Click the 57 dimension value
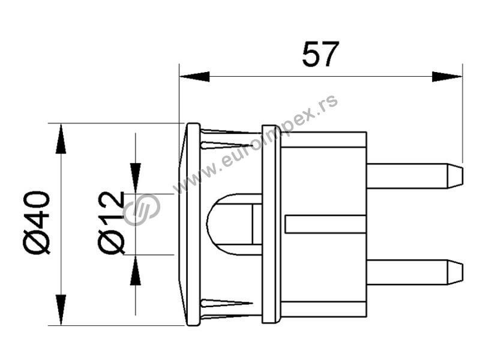[320, 54]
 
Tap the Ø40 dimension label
[37, 223]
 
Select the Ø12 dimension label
[112, 223]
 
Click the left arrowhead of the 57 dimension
[194, 77]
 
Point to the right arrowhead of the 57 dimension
[447, 77]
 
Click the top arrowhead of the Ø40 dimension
[61, 139]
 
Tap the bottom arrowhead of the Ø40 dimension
[61, 310]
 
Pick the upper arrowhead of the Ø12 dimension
[136, 178]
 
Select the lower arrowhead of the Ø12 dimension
[136, 271]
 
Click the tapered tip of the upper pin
[455, 176]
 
